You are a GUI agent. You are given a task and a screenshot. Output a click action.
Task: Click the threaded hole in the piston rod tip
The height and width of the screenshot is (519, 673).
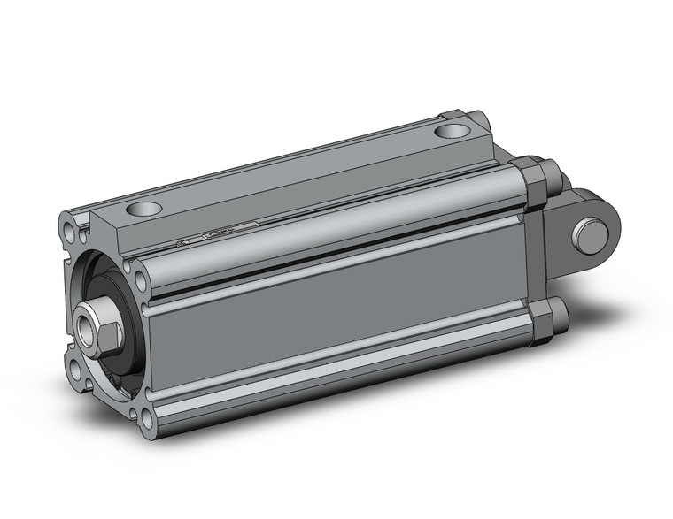[89, 319]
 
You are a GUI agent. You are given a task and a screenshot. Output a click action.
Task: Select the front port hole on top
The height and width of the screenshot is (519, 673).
[143, 210]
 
